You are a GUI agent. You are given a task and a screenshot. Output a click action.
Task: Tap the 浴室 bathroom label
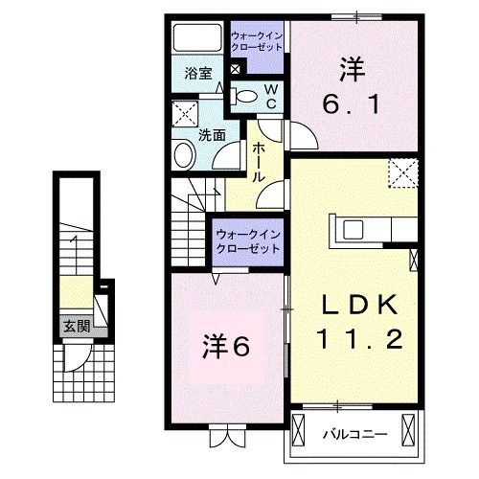coord(198,73)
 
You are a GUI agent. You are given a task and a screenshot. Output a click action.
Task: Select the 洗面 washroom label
coord(212,135)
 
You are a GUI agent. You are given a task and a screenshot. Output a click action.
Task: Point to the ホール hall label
coord(259,163)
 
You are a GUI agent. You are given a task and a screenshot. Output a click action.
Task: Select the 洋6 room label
coord(226,347)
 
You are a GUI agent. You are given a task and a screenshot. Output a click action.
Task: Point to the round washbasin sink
coord(183,156)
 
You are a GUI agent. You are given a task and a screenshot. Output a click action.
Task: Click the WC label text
coord(270,95)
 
